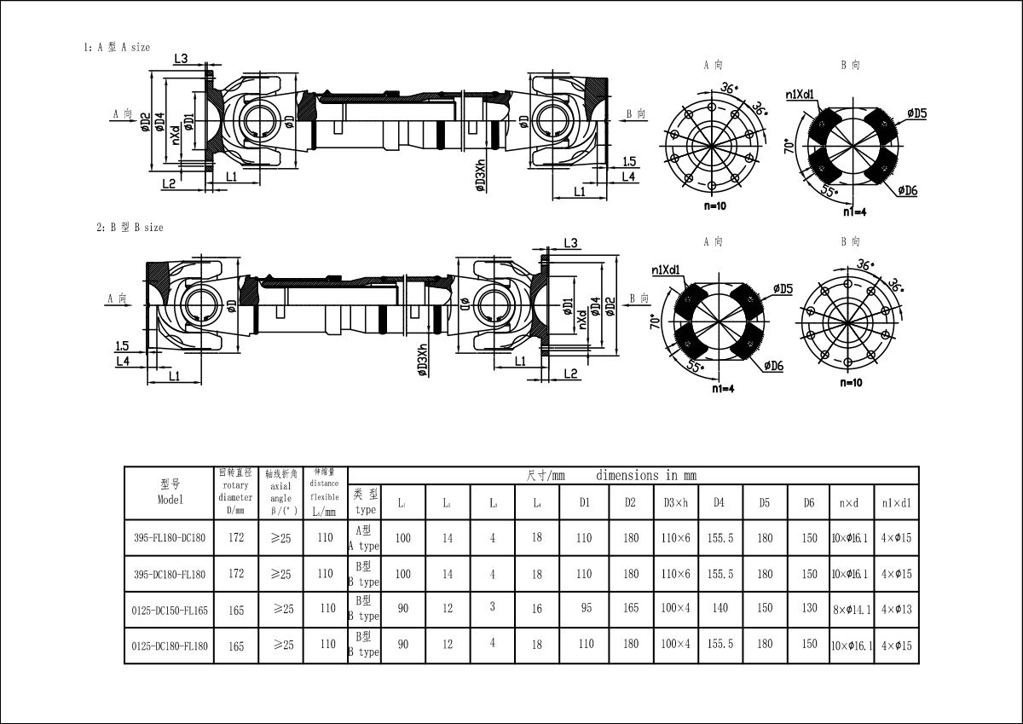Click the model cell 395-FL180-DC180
(169, 539)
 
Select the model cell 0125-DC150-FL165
(169, 611)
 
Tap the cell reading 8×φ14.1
(851, 611)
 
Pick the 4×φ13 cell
(896, 610)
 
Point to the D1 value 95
(584, 609)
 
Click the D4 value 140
(720, 609)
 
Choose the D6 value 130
(809, 609)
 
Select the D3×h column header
(675, 503)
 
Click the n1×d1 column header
(896, 503)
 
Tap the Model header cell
(169, 493)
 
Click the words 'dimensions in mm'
(646, 475)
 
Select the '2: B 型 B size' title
(130, 228)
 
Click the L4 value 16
(537, 609)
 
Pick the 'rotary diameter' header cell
(236, 492)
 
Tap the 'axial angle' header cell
(280, 492)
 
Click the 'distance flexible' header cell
(325, 492)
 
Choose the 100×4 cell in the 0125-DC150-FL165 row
(675, 609)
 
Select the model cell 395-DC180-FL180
(169, 575)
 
